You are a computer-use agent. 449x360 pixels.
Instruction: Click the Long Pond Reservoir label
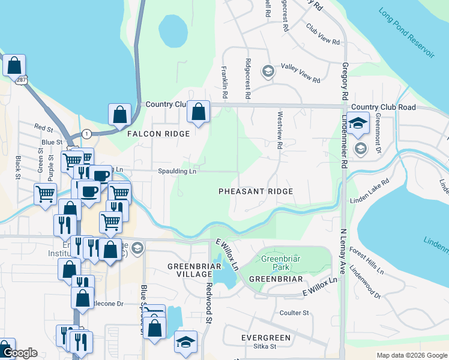[406, 34]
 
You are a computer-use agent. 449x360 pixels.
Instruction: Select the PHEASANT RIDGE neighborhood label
[256, 191]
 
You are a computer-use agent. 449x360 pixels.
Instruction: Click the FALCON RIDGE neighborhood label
[158, 134]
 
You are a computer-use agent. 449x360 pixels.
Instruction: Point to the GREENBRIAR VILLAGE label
[190, 269]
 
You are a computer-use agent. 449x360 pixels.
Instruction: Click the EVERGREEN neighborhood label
[266, 338]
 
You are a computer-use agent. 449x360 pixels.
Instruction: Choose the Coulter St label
[294, 313]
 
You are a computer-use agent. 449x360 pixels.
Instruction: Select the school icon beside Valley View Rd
[268, 71]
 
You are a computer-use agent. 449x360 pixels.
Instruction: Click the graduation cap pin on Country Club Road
[358, 124]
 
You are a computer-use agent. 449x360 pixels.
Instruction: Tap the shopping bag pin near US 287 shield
[14, 65]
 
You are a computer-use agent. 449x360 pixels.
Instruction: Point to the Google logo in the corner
[20, 353]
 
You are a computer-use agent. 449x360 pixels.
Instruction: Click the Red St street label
[44, 128]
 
